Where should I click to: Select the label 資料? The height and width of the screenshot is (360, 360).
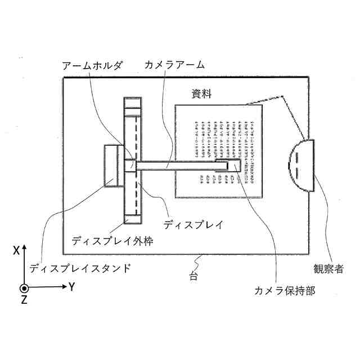[x=201, y=94]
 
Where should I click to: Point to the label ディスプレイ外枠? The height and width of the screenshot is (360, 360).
[x=113, y=241]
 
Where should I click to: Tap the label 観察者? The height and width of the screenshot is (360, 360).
[x=328, y=268]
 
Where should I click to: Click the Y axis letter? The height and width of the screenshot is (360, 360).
[x=72, y=287]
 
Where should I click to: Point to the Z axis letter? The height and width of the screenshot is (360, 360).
[x=24, y=300]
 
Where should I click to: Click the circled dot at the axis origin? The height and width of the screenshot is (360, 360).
[x=24, y=288]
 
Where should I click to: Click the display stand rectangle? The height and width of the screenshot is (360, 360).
[x=113, y=165]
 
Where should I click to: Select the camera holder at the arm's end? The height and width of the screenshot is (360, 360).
[x=228, y=165]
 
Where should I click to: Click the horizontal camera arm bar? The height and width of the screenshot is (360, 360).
[x=174, y=165]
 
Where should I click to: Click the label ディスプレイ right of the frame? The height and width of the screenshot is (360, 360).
[x=193, y=224]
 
